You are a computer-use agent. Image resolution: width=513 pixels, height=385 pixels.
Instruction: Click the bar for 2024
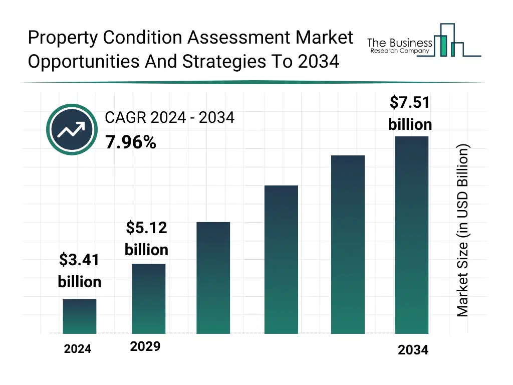point(80,316)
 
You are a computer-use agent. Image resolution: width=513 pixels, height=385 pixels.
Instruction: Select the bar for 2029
point(149,299)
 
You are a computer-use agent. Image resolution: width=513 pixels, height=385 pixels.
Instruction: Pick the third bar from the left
point(213,278)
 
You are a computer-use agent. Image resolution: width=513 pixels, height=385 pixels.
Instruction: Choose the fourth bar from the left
point(281,260)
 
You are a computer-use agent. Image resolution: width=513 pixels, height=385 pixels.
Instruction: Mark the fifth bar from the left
point(348,245)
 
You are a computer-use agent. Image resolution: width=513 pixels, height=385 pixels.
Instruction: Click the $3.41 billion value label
point(80,271)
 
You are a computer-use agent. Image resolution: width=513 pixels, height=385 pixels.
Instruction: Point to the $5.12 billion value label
point(146,239)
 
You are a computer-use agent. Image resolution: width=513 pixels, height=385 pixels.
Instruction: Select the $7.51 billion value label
point(410,113)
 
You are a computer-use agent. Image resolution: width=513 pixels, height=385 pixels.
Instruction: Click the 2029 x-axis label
point(145,346)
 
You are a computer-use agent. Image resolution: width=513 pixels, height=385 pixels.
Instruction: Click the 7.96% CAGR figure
point(130,143)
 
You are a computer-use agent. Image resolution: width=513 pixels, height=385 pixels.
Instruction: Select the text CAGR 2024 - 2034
point(169,118)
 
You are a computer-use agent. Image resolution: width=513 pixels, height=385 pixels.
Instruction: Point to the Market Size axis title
point(463,231)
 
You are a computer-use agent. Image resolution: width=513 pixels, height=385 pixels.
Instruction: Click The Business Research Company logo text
point(399,46)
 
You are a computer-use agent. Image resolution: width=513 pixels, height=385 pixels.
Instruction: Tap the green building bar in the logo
point(442,46)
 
